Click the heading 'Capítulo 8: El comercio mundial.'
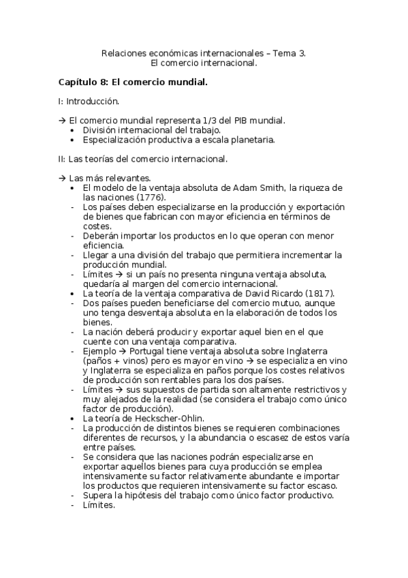(132, 82)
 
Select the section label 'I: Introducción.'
(89, 101)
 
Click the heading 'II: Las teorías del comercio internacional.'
(142, 159)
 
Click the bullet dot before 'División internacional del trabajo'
(73, 130)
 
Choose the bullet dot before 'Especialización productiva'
(73, 140)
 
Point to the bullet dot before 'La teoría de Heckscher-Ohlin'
(73, 418)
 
